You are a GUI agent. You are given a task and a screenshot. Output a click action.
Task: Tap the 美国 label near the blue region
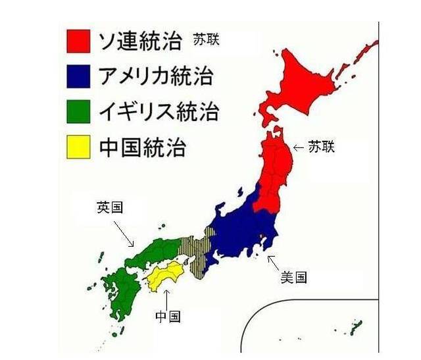pos(293,277)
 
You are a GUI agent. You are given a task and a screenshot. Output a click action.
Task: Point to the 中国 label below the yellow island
pos(168,316)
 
